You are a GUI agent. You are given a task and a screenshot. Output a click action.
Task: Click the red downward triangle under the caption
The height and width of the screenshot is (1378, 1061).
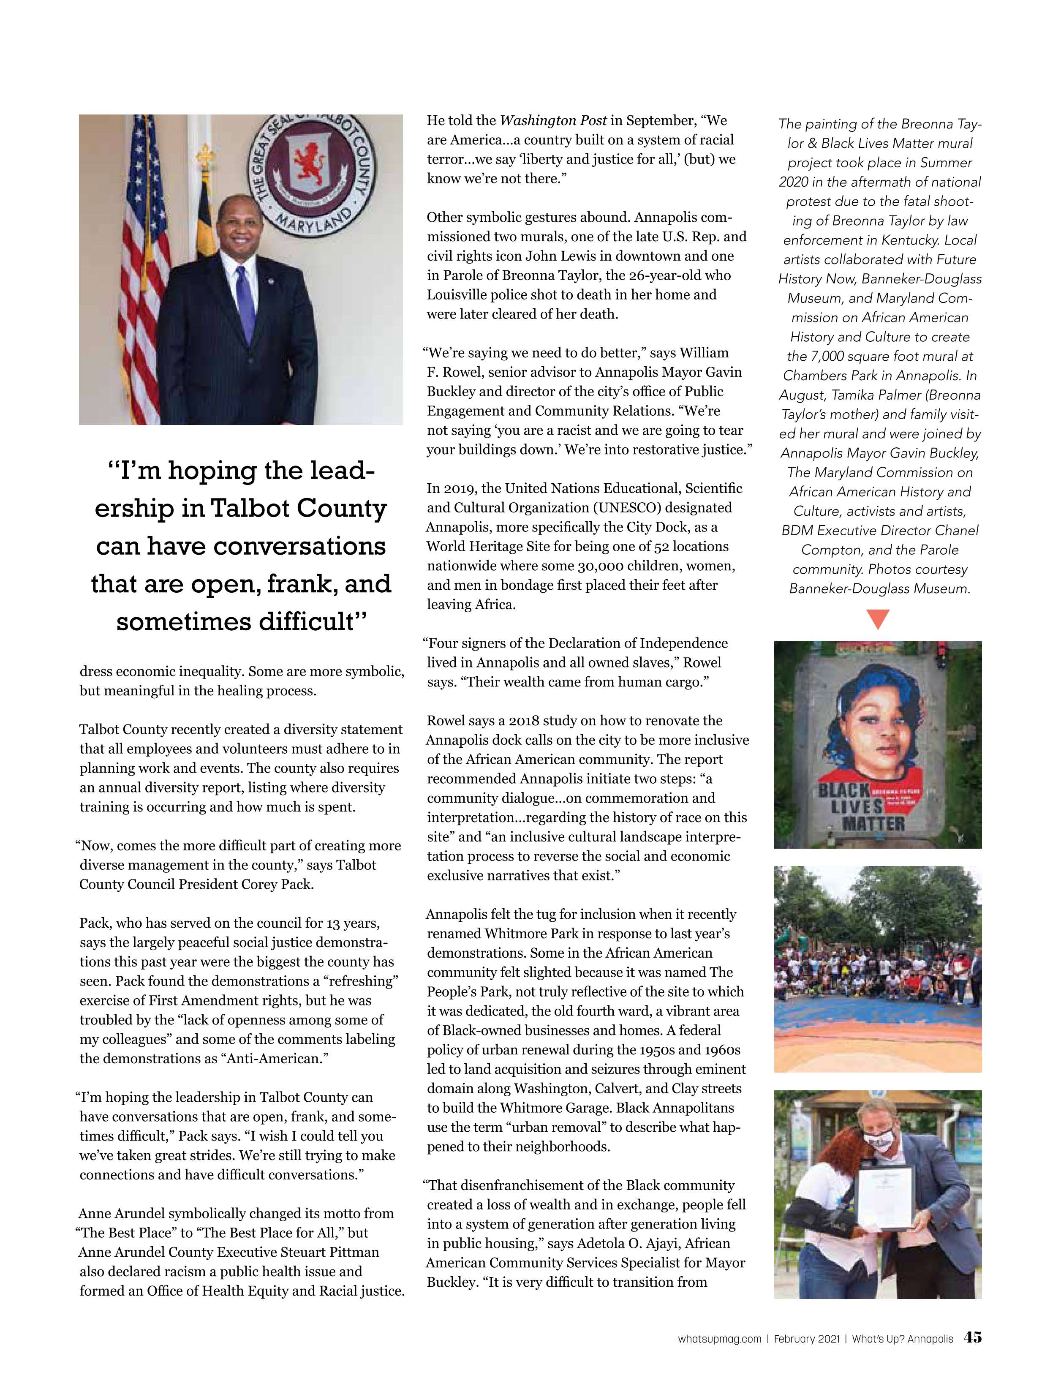[878, 619]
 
